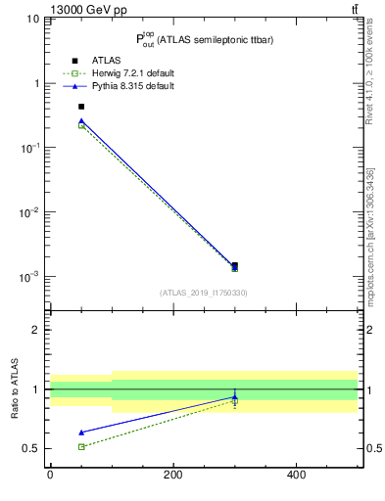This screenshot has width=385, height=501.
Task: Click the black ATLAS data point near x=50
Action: click(81, 107)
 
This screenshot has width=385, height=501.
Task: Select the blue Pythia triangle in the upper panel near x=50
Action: click(81, 120)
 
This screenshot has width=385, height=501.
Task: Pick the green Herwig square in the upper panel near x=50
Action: click(81, 125)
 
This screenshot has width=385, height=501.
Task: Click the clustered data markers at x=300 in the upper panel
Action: click(234, 266)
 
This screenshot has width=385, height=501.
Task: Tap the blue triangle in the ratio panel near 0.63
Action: click(81, 432)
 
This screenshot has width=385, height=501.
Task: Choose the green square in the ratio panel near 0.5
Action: click(81, 446)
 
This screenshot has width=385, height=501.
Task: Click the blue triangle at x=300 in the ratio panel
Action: click(234, 397)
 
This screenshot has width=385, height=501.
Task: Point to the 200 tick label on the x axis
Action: click(172, 475)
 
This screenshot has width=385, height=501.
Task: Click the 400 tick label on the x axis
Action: click(295, 475)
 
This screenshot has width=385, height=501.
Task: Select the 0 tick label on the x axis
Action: click(50, 475)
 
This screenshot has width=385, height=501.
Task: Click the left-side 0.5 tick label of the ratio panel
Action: click(32, 449)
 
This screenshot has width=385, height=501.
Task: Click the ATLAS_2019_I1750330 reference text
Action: click(203, 293)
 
